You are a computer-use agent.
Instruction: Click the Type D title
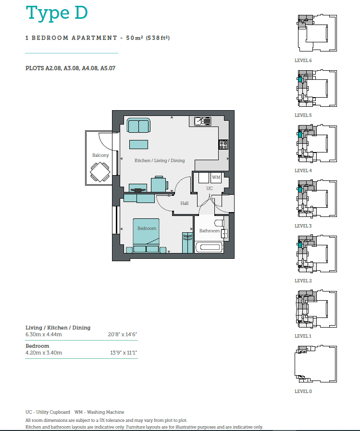click(57, 13)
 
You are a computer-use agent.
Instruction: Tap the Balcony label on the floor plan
click(100, 155)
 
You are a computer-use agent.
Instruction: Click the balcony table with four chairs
click(100, 172)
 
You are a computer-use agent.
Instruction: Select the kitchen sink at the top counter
click(203, 121)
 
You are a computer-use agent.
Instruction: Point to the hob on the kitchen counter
click(223, 145)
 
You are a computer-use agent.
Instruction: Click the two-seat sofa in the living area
click(139, 126)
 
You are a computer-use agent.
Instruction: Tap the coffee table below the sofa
click(139, 144)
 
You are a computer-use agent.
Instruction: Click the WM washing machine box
click(216, 177)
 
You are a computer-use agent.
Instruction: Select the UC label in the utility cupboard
click(210, 189)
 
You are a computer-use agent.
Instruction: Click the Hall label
click(184, 203)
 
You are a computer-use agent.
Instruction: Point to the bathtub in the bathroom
click(209, 247)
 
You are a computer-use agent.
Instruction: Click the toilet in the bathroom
click(219, 223)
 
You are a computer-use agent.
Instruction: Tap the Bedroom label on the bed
click(147, 228)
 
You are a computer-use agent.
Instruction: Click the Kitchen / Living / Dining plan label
click(160, 161)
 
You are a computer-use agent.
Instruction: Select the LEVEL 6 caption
click(303, 61)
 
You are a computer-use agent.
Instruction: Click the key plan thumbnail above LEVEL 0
click(316, 364)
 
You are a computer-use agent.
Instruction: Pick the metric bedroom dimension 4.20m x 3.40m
click(44, 353)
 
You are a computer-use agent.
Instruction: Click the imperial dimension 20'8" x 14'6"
click(122, 334)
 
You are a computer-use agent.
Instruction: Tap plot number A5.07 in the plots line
click(108, 68)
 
